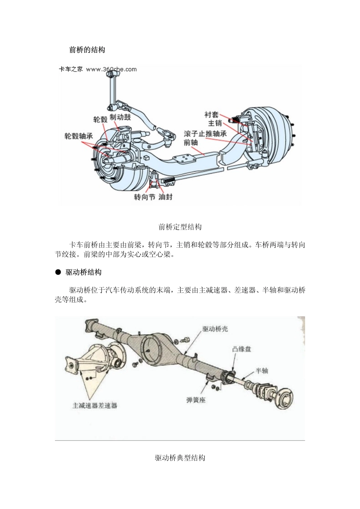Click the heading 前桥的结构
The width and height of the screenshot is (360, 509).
[87, 50]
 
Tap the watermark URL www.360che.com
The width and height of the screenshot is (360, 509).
[111, 69]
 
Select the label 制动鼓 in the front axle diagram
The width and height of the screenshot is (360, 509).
[120, 117]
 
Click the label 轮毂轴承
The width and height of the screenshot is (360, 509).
[78, 136]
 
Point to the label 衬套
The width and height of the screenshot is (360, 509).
[211, 114]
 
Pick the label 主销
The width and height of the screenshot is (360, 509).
[215, 123]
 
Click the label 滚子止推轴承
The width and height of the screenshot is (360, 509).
[205, 134]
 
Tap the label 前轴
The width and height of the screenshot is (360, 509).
[191, 142]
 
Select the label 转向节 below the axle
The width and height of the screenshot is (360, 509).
[144, 197]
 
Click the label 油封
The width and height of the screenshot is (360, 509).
[165, 197]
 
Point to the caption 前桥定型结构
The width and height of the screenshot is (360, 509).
[180, 227]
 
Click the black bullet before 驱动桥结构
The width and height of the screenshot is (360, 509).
[58, 272]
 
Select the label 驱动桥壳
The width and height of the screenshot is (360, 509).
[215, 329]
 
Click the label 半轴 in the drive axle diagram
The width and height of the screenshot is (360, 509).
[261, 370]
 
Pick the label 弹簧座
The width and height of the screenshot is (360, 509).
[196, 400]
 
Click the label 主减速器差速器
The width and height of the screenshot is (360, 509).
[95, 405]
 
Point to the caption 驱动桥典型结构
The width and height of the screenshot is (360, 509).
[180, 457]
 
